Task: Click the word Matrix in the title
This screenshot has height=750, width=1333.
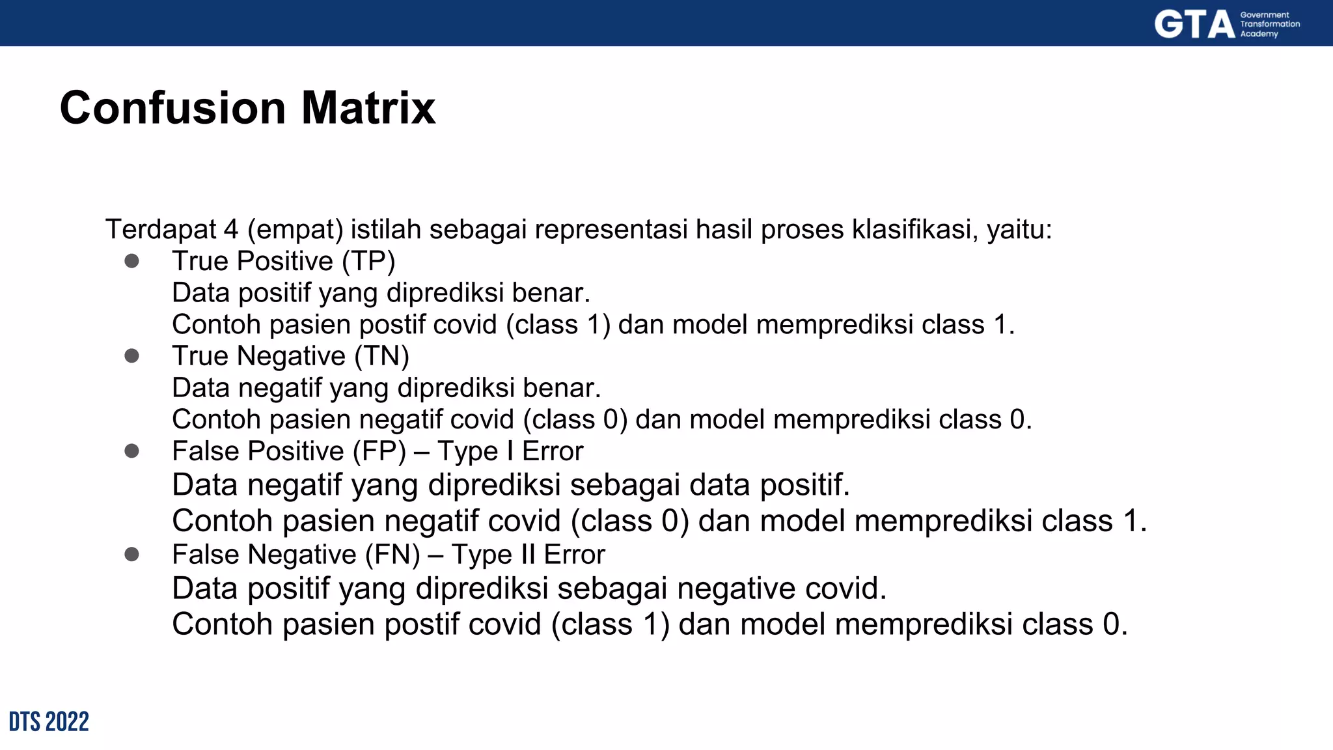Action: (x=368, y=107)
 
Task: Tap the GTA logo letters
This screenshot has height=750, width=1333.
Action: (x=1194, y=25)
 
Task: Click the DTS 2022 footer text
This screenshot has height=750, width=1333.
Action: (x=49, y=722)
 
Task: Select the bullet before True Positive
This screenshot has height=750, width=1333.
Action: (x=131, y=261)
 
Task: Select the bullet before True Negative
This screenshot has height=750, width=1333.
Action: (x=131, y=356)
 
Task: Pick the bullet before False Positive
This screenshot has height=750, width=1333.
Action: (x=131, y=451)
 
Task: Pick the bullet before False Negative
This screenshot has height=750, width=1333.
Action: (x=131, y=555)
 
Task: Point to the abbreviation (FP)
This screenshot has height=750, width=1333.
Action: (x=379, y=451)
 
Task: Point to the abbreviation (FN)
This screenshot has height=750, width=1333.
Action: (x=392, y=555)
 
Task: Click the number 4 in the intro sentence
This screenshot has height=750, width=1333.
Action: (x=230, y=229)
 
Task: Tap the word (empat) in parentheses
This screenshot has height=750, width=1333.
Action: (x=295, y=229)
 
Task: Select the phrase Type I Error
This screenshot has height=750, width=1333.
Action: (x=510, y=451)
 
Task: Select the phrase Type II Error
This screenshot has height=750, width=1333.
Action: (x=528, y=555)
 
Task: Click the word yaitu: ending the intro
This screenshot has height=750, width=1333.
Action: (x=1019, y=229)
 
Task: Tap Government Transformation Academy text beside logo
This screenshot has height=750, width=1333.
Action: (x=1269, y=24)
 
